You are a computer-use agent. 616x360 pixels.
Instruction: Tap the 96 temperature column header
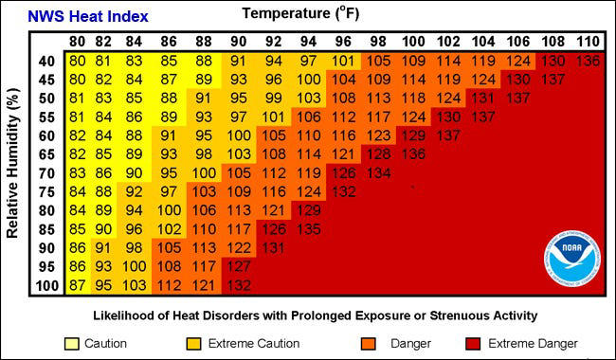[x=342, y=43]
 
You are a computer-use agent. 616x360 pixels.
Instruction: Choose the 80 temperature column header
[x=79, y=43]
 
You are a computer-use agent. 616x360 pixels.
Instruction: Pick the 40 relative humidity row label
[x=45, y=62]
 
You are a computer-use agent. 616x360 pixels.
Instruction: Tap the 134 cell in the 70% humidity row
[x=377, y=173]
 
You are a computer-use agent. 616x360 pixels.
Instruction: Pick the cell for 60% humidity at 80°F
[x=79, y=136]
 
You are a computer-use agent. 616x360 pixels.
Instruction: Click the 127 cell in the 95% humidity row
[x=237, y=267]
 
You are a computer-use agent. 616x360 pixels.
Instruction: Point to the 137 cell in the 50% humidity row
[x=517, y=99]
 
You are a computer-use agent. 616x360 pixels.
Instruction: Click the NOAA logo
[x=571, y=256]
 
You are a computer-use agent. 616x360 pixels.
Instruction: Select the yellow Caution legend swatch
[x=72, y=343]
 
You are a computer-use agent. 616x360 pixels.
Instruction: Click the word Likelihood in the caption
[x=126, y=315]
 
